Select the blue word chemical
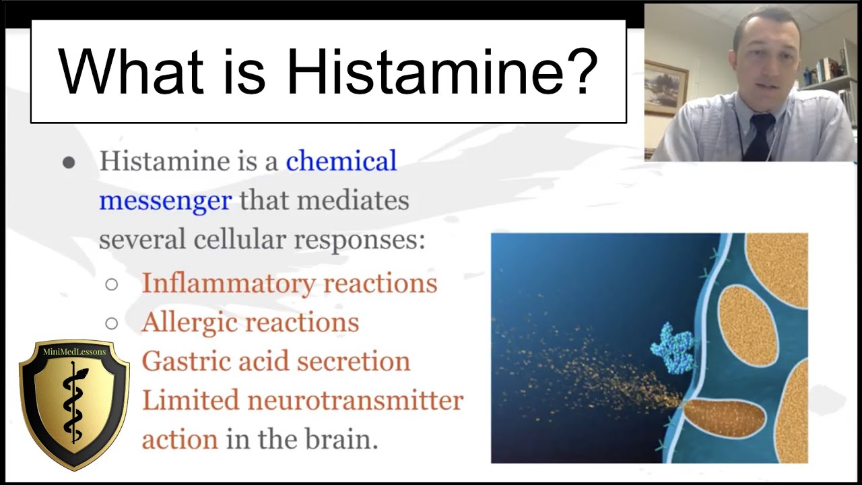click(x=341, y=162)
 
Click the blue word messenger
click(x=165, y=200)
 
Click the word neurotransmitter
click(x=356, y=401)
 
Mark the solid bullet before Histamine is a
click(x=69, y=162)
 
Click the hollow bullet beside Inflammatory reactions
click(x=112, y=284)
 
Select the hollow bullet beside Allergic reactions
click(x=112, y=323)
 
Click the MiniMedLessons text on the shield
click(x=74, y=352)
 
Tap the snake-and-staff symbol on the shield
click(x=73, y=404)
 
